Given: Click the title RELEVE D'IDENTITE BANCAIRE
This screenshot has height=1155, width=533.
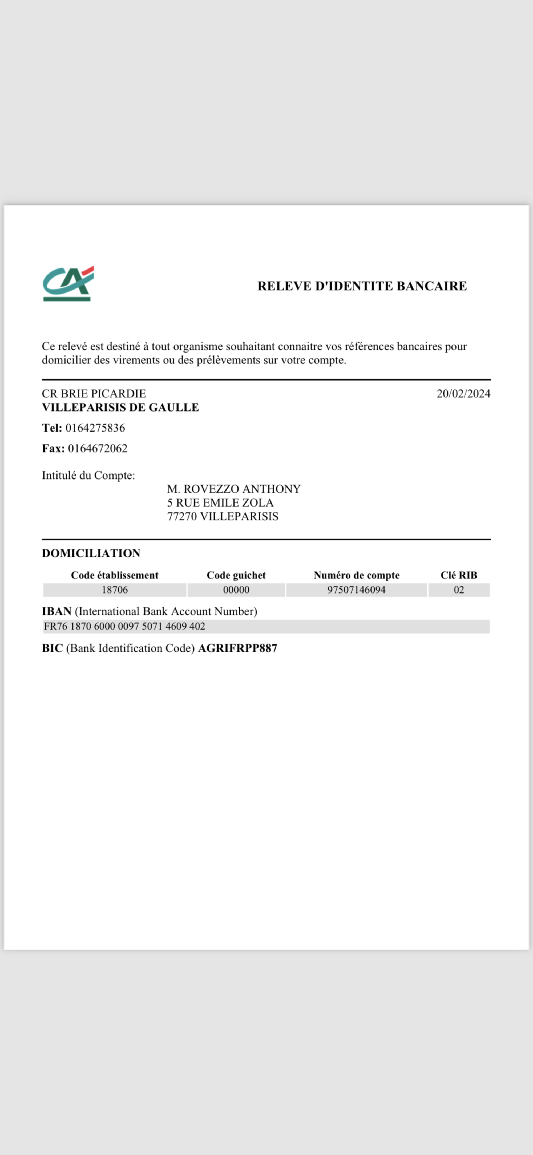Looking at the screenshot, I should point(362,286).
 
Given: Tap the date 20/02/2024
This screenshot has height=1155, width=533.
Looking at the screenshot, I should point(463,394).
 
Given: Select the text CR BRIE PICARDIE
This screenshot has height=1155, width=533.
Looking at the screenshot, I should point(94,394).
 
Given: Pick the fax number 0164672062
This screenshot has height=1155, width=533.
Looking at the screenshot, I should point(98,449).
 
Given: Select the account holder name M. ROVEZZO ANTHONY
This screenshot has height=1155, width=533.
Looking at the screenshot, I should point(234,489).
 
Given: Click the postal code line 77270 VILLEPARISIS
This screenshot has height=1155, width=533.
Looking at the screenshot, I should point(223,517).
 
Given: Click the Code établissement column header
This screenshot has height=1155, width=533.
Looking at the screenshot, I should point(115,575).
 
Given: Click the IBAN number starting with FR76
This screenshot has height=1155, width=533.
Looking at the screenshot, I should point(124,626).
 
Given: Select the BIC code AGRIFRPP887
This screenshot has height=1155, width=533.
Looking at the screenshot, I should point(237,648).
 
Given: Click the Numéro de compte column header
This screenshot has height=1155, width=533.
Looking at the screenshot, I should point(357,575).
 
